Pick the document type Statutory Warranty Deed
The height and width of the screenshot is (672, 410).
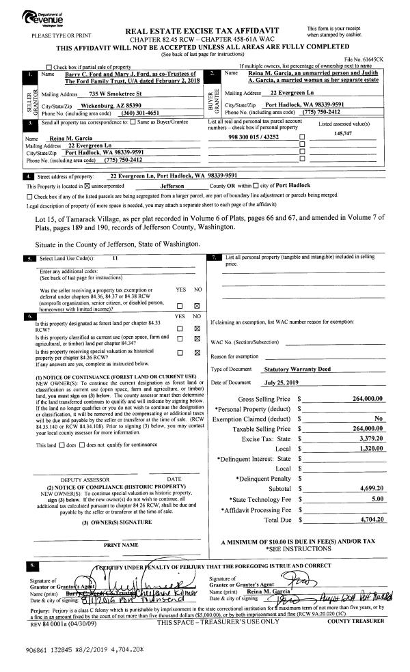297,369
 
